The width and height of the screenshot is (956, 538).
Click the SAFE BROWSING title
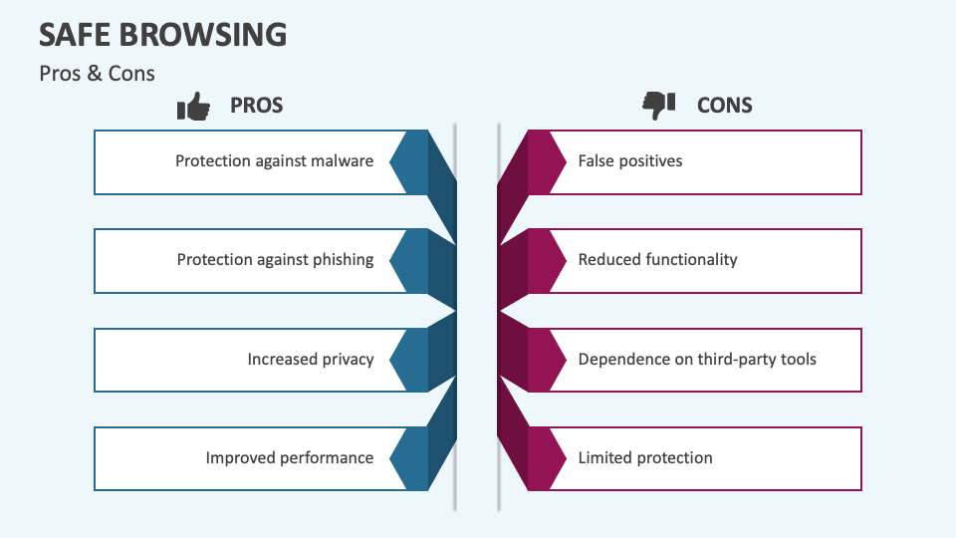coord(162,34)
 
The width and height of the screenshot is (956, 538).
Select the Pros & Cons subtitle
coord(97,73)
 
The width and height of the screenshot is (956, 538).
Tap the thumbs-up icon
coord(193,107)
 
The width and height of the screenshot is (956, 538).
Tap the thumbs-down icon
coord(658,106)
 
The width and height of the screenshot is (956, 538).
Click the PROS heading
coord(256,106)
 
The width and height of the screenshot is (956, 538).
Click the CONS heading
coord(724,106)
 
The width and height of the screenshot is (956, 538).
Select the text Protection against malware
coord(275,161)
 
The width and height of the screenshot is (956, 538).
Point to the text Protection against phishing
coord(275,260)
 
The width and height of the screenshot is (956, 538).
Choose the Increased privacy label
coord(311,360)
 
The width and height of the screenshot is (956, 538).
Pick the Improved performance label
coord(289,458)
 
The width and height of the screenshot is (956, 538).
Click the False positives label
coord(629,161)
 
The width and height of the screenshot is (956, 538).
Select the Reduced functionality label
coord(657,260)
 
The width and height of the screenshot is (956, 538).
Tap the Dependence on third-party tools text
coord(697,360)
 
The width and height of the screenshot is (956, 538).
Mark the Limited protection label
coord(645,458)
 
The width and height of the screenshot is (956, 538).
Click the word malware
coord(342,161)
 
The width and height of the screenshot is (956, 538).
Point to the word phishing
coord(344,260)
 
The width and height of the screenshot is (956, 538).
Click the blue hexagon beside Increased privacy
coord(409,360)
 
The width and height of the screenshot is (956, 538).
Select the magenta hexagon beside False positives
coord(547,162)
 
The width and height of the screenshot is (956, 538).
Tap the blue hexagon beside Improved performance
coord(409,458)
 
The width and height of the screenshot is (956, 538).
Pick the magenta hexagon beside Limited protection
coord(547,458)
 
